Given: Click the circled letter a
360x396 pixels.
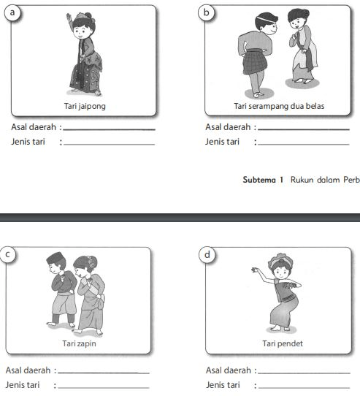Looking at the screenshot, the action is (12, 12).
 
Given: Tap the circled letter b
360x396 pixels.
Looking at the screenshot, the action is (207, 12).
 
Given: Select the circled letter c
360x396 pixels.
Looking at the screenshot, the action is (7, 254).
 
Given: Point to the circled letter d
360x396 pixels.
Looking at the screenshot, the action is (207, 254).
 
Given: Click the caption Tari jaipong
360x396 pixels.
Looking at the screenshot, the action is (85, 106).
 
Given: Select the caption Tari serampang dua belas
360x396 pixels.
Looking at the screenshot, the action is (279, 106).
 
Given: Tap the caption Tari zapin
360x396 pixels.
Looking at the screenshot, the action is (79, 343).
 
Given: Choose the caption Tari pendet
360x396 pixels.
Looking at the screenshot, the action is (283, 343).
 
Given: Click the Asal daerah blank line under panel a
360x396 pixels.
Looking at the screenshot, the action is (110, 130).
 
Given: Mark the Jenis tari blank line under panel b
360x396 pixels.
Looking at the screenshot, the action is (304, 145).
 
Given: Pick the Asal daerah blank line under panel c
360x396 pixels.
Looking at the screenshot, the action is (104, 373).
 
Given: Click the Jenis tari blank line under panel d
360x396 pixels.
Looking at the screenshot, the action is (305, 387).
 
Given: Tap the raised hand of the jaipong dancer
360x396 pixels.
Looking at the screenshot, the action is (69, 18).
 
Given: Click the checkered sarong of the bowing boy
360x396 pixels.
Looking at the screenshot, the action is (254, 61).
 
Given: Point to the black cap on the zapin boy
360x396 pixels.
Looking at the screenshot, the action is (55, 257).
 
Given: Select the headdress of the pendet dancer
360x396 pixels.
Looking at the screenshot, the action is (280, 259).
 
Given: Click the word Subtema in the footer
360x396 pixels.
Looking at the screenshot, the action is (259, 180).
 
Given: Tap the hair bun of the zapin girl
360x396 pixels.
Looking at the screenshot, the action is (92, 261).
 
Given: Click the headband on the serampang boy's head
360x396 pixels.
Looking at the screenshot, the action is (266, 19).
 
